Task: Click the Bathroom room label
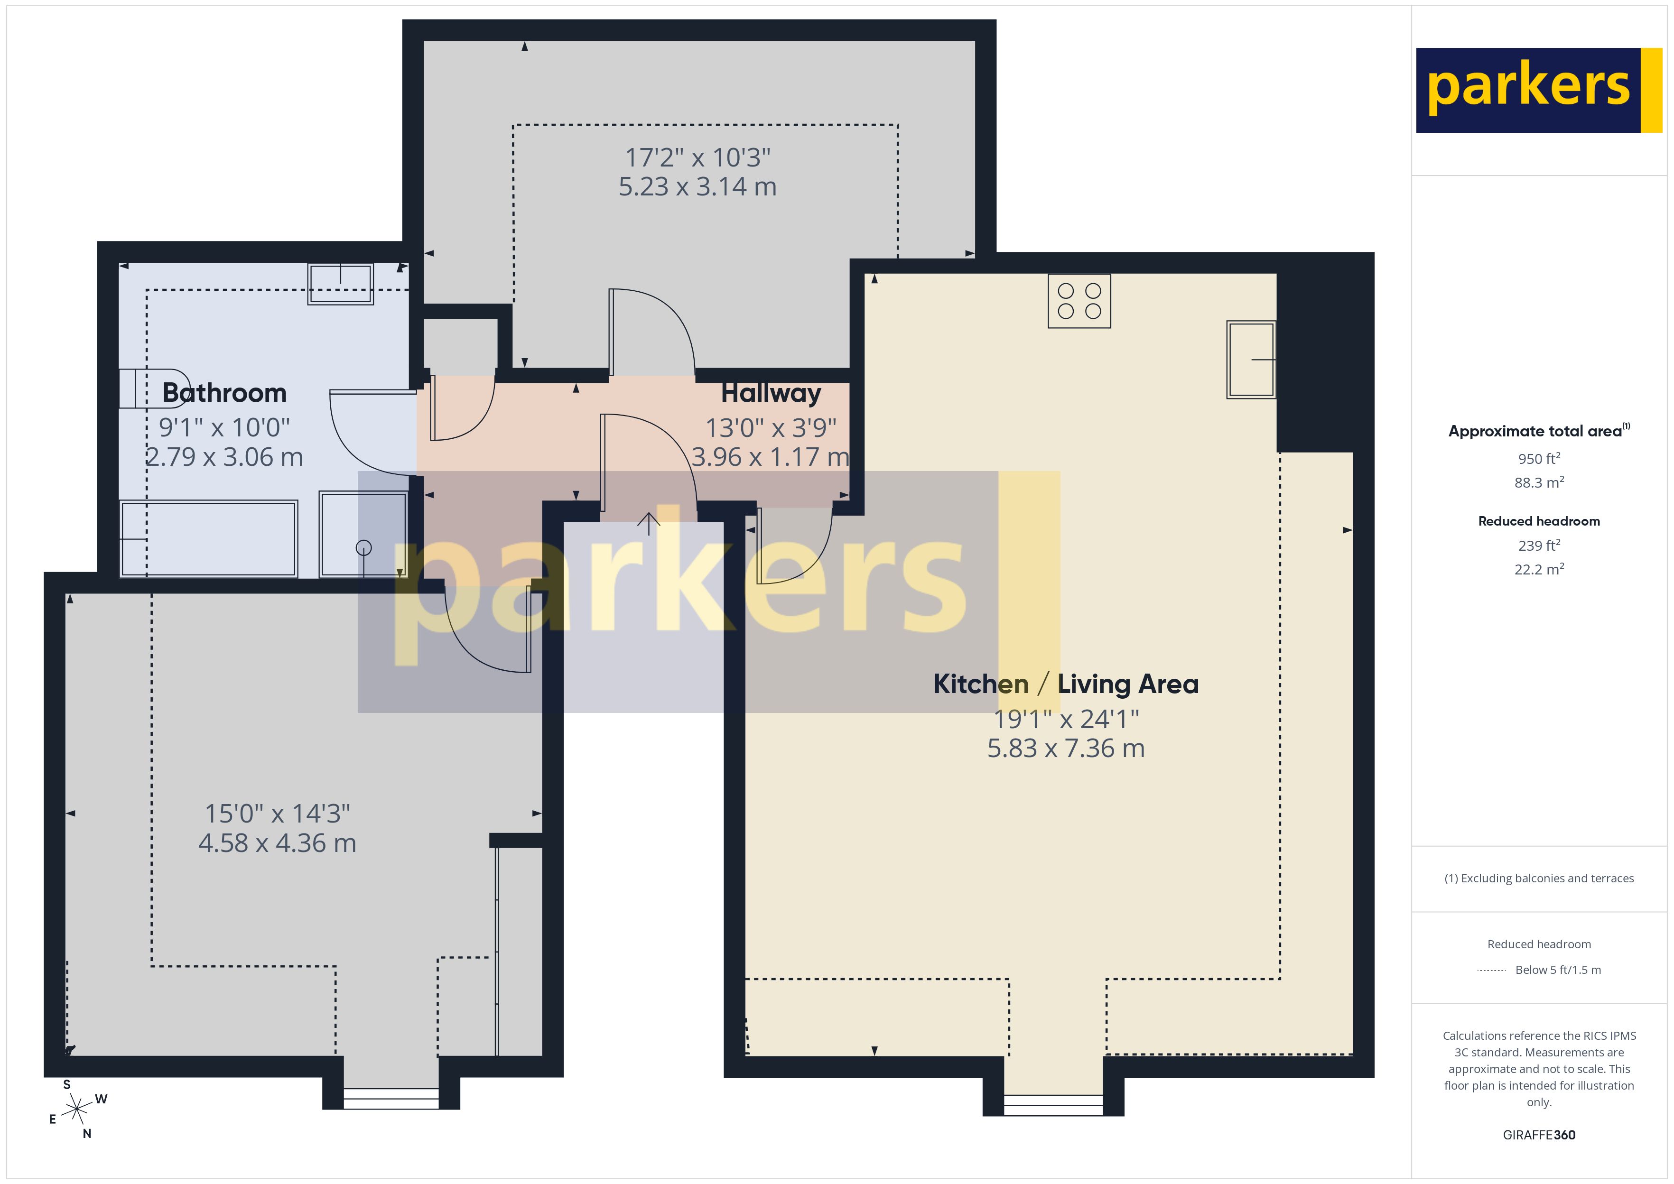(224, 393)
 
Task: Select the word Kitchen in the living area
(981, 684)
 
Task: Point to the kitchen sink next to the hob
(1251, 360)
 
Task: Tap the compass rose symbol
(76, 1110)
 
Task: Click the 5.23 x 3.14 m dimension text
(698, 186)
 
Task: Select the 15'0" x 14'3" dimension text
(277, 814)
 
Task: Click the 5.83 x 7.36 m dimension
(1066, 749)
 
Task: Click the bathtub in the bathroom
(208, 539)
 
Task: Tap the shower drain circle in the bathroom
(363, 547)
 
